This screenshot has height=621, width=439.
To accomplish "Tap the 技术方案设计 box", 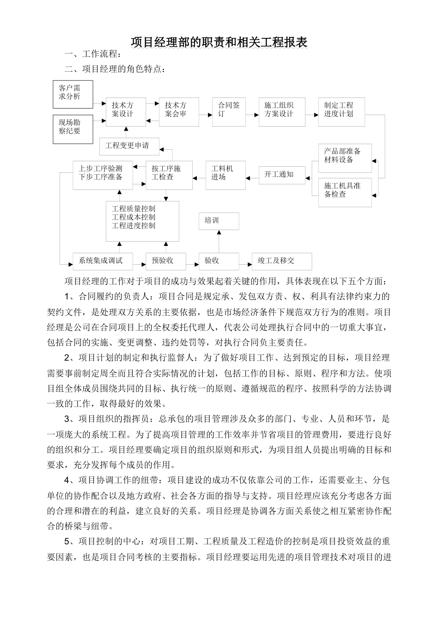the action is [x=126, y=111].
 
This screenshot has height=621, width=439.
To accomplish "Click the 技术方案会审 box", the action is [x=179, y=111].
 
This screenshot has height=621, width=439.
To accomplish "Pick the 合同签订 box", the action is [x=229, y=111].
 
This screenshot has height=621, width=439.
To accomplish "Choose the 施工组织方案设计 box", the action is [x=281, y=111].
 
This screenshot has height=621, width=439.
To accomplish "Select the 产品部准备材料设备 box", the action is [x=345, y=158].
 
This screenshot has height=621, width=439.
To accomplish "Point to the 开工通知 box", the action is [x=281, y=175].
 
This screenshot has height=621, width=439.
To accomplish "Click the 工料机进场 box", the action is [x=226, y=175].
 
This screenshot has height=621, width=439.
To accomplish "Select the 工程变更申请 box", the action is [x=130, y=146].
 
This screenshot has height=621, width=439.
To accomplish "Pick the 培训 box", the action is [x=219, y=221].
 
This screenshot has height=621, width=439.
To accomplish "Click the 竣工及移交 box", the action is [x=281, y=261].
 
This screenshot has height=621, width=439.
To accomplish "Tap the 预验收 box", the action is [x=165, y=261].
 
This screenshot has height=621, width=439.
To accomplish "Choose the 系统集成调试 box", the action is [x=103, y=261].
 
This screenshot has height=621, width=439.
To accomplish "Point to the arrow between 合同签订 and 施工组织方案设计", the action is [x=252, y=111].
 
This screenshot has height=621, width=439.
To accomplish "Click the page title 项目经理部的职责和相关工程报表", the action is [x=219, y=43].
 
